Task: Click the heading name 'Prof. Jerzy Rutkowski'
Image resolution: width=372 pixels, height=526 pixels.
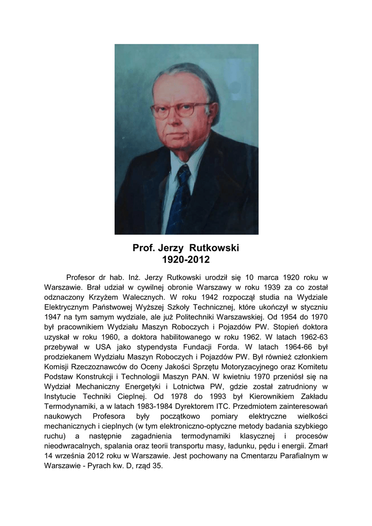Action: click(186, 248)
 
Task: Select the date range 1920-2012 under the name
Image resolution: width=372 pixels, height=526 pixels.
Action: click(186, 260)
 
